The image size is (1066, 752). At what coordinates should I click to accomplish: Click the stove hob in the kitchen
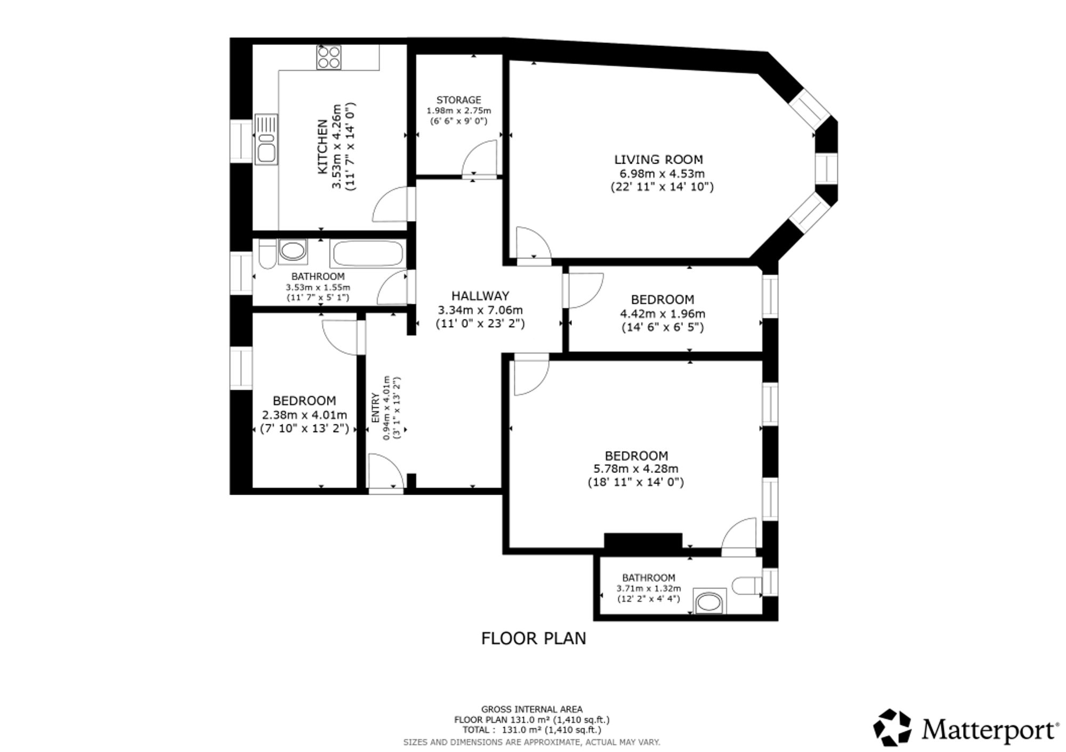(x=329, y=57)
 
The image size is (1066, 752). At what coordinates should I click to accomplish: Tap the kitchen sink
(x=265, y=140)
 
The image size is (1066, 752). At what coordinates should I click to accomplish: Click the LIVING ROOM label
(x=658, y=159)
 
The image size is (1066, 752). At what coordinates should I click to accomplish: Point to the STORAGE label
(x=458, y=100)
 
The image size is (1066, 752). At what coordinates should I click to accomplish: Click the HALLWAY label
(x=480, y=296)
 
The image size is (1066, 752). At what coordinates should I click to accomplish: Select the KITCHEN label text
(x=322, y=146)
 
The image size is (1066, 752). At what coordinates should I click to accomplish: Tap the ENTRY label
(x=375, y=408)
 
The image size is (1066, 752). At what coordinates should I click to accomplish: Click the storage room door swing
(x=480, y=157)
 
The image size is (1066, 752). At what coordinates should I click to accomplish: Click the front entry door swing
(x=386, y=471)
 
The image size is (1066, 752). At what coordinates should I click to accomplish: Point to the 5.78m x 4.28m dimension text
(x=636, y=469)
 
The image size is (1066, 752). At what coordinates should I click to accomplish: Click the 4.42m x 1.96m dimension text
(x=663, y=313)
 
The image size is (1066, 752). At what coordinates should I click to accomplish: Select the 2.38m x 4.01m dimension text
(x=304, y=415)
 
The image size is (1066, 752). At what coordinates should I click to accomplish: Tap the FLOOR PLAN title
(x=534, y=638)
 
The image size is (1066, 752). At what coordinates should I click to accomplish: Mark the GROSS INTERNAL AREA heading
(x=532, y=709)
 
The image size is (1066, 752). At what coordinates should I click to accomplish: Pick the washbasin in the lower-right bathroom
(x=709, y=601)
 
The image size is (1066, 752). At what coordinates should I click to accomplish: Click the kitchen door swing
(x=390, y=204)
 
